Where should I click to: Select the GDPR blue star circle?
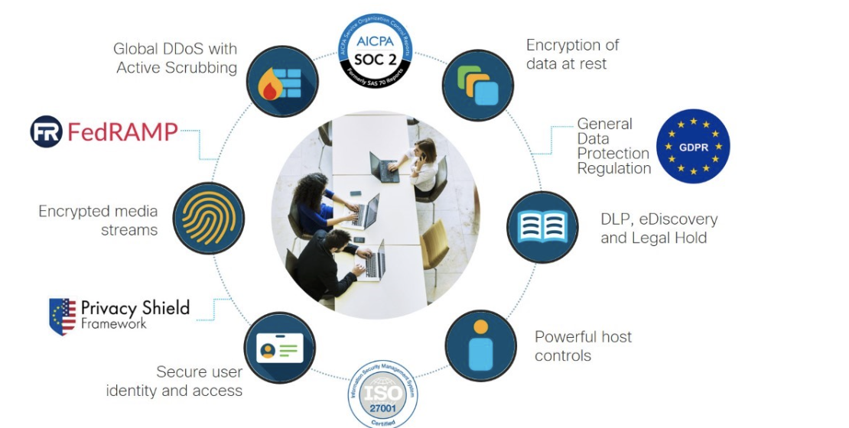pyautogui.click(x=693, y=146)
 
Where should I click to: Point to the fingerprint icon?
pyautogui.click(x=208, y=218)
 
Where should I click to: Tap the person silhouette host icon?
pyautogui.click(x=480, y=345)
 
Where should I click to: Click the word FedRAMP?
pyautogui.click(x=122, y=131)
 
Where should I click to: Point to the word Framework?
pyautogui.click(x=114, y=324)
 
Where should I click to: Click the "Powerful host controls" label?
pyautogui.click(x=583, y=345)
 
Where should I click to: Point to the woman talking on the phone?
pyautogui.click(x=423, y=163)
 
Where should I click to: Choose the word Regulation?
pyautogui.click(x=614, y=168)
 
